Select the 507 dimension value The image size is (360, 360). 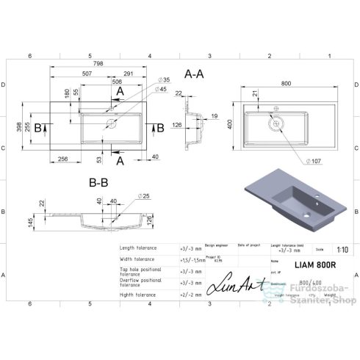point(87,73)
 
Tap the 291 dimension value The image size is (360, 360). point(129,73)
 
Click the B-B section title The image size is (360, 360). point(98,179)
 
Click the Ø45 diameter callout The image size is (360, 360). point(162,89)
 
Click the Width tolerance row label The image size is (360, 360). point(138,259)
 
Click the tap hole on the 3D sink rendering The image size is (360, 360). point(320,196)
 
